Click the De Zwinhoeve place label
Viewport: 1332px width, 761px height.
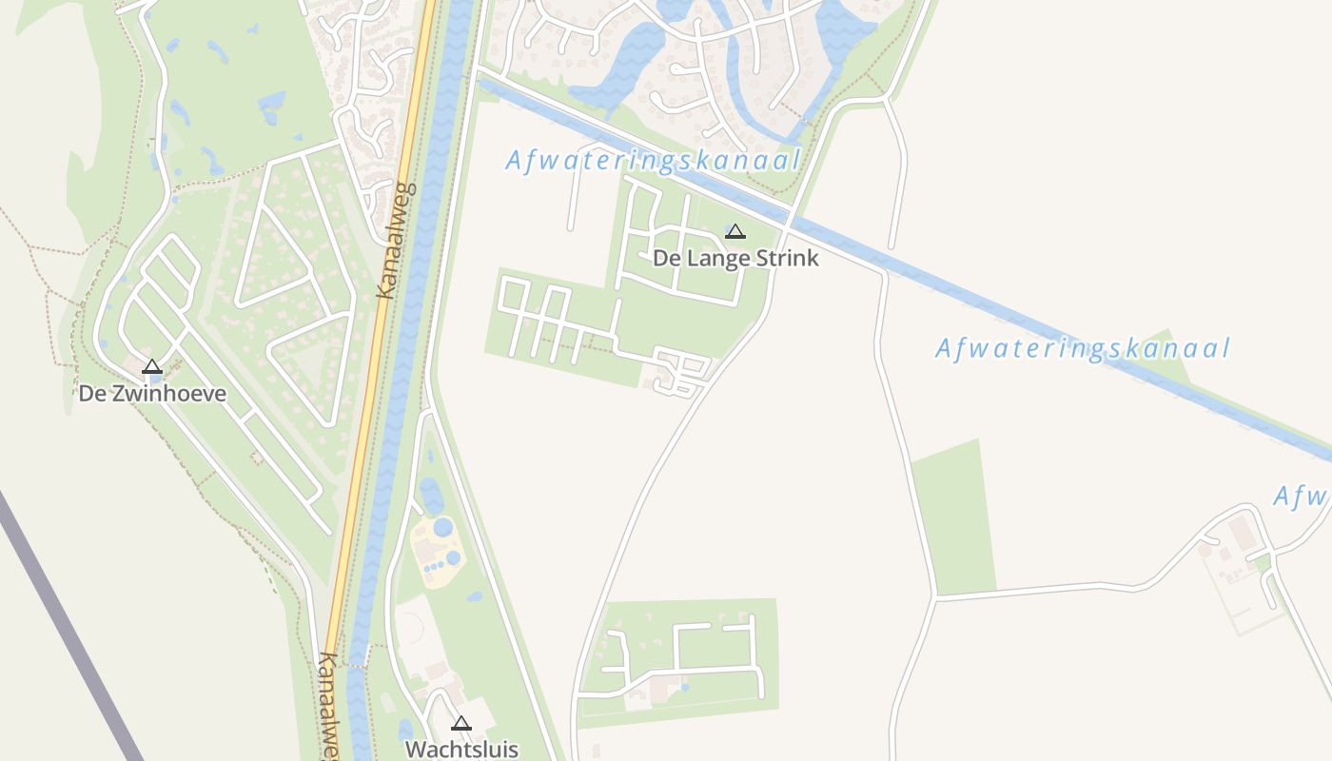click(152, 394)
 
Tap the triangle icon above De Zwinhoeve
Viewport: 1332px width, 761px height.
click(152, 367)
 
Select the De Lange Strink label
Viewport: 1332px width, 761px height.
click(735, 258)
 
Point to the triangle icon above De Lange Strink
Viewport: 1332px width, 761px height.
click(735, 231)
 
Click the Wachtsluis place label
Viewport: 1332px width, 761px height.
click(461, 749)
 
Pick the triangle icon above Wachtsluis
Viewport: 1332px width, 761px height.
click(461, 723)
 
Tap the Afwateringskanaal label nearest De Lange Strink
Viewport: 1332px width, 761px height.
click(653, 160)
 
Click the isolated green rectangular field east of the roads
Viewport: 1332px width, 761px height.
click(953, 518)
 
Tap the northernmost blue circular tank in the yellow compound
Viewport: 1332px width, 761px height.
click(443, 527)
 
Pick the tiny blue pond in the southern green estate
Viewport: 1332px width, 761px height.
click(685, 686)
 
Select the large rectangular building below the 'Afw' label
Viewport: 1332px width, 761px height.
click(1242, 531)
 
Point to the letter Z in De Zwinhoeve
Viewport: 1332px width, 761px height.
click(118, 394)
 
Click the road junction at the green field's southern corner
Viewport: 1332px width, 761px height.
click(936, 596)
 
